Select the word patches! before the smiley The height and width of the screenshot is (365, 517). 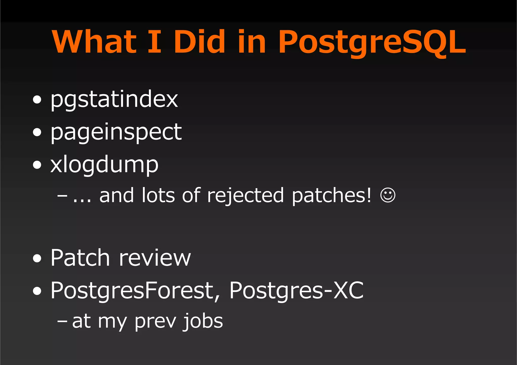[331, 195]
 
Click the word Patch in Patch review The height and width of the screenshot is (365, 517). [80, 258]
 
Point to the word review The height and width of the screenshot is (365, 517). [155, 258]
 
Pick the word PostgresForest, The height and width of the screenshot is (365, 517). [135, 290]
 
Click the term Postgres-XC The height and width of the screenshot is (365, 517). [296, 290]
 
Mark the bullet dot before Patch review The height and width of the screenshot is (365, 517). [37, 258]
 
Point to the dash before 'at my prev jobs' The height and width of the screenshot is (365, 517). [62, 321]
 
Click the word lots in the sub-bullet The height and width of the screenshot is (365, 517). [158, 195]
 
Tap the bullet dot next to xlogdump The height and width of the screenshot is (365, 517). [37, 165]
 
